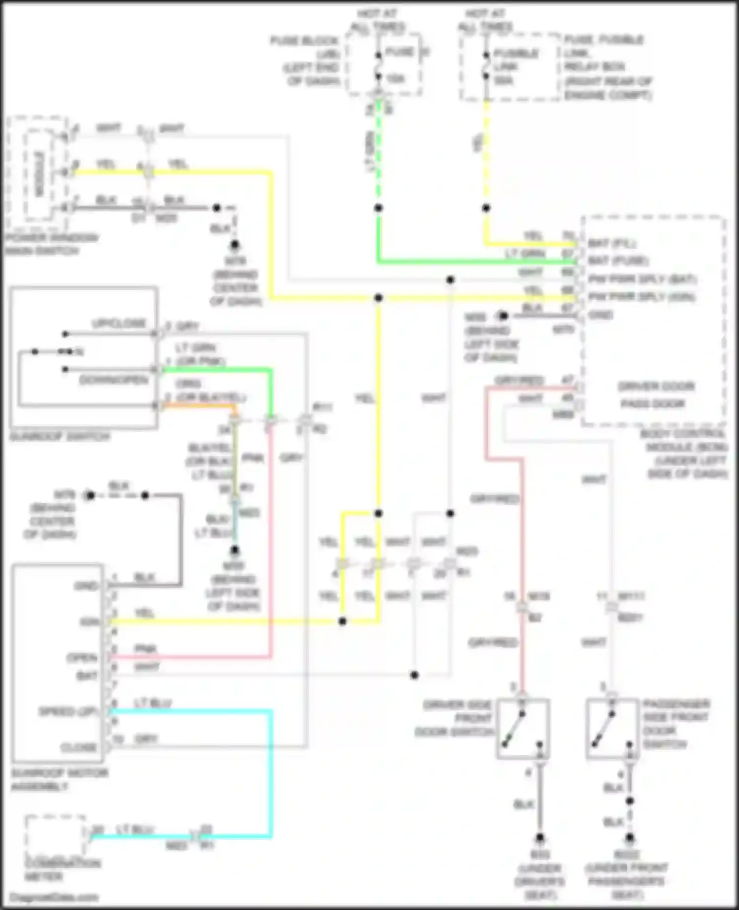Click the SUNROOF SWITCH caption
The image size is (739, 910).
60,437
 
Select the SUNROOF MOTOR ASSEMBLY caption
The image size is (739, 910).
59,779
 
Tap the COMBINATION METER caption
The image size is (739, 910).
63,870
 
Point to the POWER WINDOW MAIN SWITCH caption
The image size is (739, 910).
51,245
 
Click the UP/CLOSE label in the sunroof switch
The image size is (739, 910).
119,323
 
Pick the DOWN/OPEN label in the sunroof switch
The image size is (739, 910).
114,380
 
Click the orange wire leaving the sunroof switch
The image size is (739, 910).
197,405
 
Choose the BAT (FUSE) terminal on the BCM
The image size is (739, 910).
618,260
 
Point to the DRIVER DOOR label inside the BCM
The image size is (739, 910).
656,386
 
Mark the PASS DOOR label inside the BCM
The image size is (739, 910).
653,404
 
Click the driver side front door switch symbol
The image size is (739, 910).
523,729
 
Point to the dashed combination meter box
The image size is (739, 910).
55,837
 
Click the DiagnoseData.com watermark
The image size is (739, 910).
54,897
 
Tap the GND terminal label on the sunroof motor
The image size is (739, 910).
86,586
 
